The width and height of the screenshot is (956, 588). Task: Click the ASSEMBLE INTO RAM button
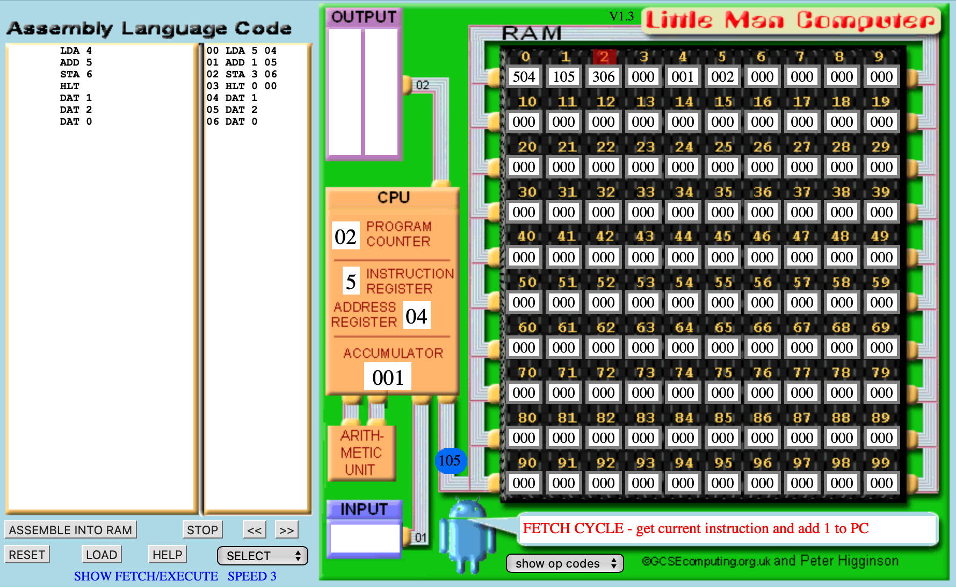click(70, 530)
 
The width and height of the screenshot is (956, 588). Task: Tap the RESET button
click(27, 555)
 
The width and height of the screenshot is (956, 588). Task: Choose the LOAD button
click(102, 555)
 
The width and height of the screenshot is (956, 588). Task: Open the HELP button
click(168, 555)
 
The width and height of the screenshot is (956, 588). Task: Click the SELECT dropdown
click(263, 556)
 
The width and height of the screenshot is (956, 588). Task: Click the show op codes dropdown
click(564, 563)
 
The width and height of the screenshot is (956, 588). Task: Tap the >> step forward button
click(286, 530)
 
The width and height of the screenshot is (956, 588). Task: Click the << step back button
click(255, 530)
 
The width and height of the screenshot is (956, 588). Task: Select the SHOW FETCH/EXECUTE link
click(146, 576)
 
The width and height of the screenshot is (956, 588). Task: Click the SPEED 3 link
click(252, 576)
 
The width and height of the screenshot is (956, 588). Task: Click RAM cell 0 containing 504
click(524, 77)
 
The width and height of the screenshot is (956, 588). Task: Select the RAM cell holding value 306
click(603, 77)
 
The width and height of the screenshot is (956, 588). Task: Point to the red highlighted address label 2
click(604, 56)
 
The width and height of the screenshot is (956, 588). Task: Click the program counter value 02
click(345, 237)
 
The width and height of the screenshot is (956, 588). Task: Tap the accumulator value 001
click(388, 377)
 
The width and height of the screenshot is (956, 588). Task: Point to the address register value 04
click(416, 317)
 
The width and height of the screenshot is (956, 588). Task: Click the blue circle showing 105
click(450, 461)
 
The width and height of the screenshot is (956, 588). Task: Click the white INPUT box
click(365, 537)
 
